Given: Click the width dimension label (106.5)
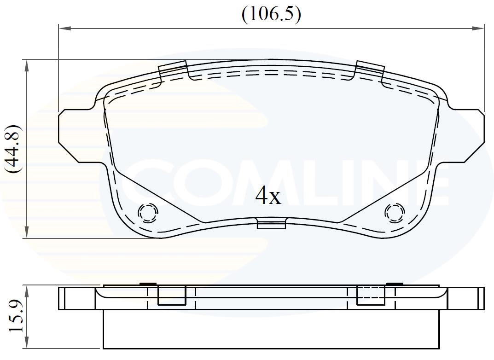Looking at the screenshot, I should point(271,14).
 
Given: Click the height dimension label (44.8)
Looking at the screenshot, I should point(12,149).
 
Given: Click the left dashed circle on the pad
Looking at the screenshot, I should point(148,213).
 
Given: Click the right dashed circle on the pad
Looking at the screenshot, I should point(395,213).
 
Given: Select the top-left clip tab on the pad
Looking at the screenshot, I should point(173,70).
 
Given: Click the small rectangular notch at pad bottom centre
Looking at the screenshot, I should point(271,225).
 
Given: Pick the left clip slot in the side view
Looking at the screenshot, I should point(172,296).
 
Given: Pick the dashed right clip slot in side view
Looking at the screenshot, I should point(371,295).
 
